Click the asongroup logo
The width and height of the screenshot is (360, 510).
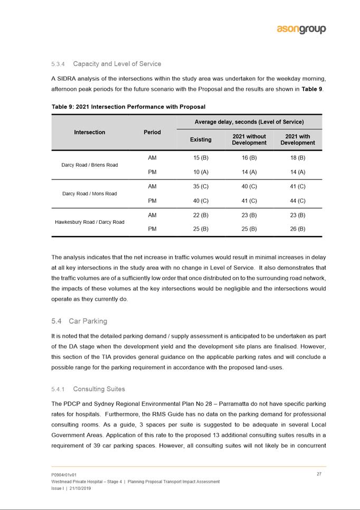click(x=301, y=30)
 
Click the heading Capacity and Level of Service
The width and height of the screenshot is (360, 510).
click(x=117, y=64)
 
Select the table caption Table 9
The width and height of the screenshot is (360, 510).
click(x=128, y=107)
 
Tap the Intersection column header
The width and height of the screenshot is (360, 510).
click(x=89, y=132)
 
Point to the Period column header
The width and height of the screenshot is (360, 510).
click(x=152, y=132)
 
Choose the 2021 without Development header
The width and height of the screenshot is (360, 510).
click(x=249, y=139)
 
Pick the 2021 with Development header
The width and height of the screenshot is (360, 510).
click(x=298, y=139)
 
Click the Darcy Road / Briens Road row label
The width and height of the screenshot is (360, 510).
click(x=89, y=165)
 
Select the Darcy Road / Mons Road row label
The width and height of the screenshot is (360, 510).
click(x=89, y=194)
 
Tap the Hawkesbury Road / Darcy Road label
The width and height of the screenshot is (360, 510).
click(x=89, y=222)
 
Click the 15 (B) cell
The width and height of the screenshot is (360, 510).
click(x=201, y=158)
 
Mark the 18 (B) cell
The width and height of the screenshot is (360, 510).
click(x=298, y=158)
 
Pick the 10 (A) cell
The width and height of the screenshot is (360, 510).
click(x=201, y=172)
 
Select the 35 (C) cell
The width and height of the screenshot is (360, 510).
click(x=201, y=186)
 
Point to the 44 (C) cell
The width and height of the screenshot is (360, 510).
click(x=298, y=201)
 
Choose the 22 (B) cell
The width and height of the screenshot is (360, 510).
click(x=201, y=215)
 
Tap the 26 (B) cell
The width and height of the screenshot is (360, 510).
click(x=298, y=229)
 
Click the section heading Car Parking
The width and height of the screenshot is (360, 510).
click(x=88, y=321)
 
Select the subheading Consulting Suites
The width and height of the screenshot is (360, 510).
click(x=99, y=389)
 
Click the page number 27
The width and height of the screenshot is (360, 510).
click(x=319, y=474)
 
